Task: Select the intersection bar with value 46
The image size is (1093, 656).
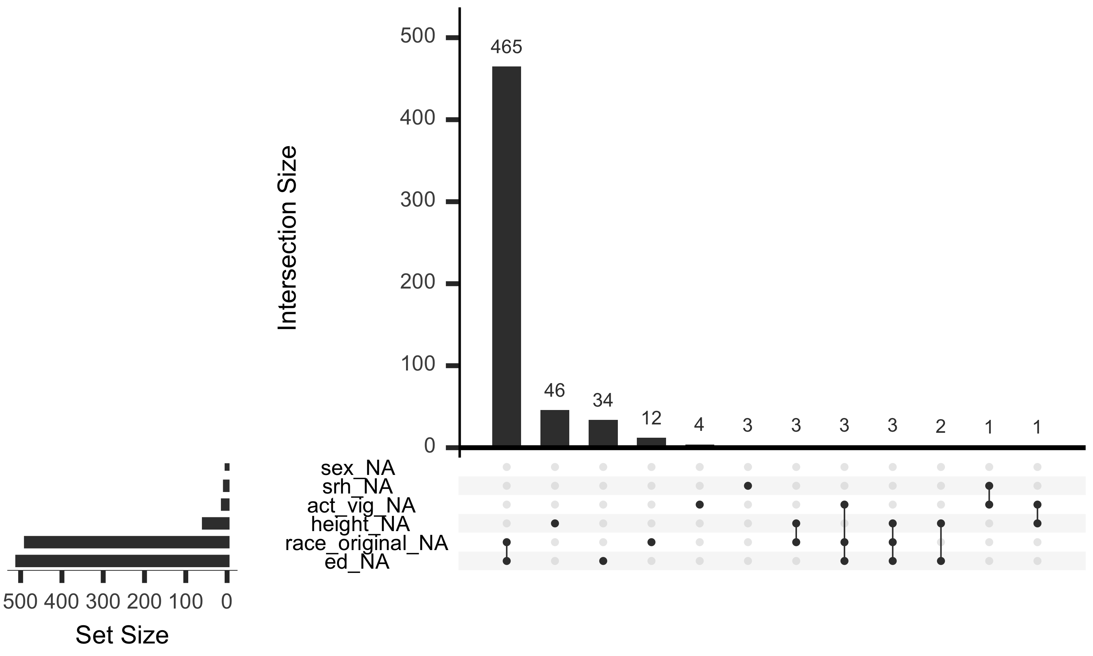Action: pyautogui.click(x=554, y=429)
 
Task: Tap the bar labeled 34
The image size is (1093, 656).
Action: pyautogui.click(x=603, y=434)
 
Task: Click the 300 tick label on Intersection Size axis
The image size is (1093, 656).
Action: pyautogui.click(x=418, y=200)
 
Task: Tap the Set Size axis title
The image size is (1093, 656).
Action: pyautogui.click(x=122, y=635)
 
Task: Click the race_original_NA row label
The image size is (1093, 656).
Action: pyautogui.click(x=367, y=543)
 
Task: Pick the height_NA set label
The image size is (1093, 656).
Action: pyautogui.click(x=361, y=524)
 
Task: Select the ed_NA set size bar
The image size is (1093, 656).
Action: pyautogui.click(x=122, y=561)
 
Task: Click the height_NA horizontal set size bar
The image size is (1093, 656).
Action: pyautogui.click(x=216, y=524)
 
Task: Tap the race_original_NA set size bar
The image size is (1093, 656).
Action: pyautogui.click(x=127, y=542)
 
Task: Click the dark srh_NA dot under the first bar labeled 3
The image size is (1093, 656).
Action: pyautogui.click(x=748, y=486)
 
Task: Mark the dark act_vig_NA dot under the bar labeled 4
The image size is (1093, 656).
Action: pyautogui.click(x=699, y=505)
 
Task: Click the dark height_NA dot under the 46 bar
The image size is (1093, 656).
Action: pyautogui.click(x=555, y=524)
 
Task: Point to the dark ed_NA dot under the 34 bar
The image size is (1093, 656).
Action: pyautogui.click(x=603, y=561)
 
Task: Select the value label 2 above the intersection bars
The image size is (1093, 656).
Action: pyautogui.click(x=940, y=427)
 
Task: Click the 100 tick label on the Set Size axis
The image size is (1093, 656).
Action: pyautogui.click(x=186, y=602)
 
